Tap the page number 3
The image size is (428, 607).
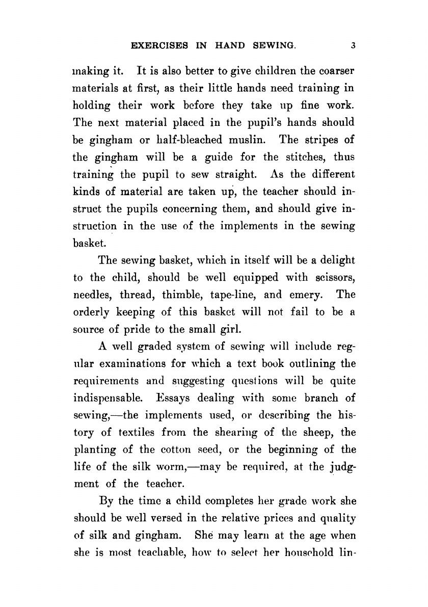353,45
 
